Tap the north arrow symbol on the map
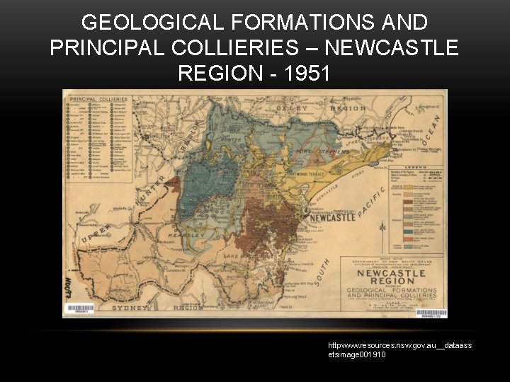[382, 228]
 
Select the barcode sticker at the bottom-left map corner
[79, 309]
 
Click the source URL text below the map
[399, 349]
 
